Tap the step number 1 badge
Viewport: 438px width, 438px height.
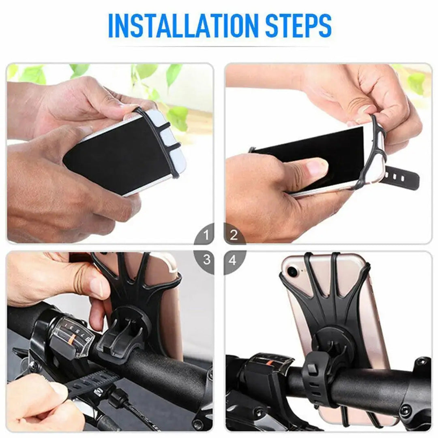pyautogui.click(x=206, y=235)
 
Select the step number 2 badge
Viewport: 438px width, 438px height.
pyautogui.click(x=234, y=235)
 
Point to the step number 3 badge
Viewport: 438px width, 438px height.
pyautogui.click(x=206, y=260)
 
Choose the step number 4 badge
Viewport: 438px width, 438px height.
pyautogui.click(x=233, y=260)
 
